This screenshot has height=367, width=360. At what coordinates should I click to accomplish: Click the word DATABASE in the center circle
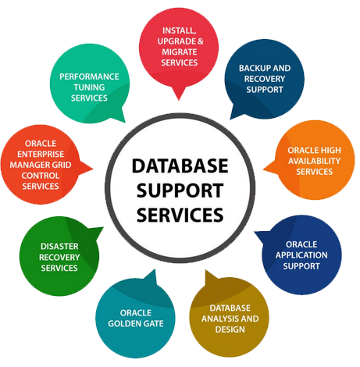pyautogui.click(x=180, y=166)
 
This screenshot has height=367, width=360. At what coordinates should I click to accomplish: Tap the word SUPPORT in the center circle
pyautogui.click(x=180, y=191)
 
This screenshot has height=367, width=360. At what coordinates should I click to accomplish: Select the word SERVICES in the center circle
pyautogui.click(x=180, y=215)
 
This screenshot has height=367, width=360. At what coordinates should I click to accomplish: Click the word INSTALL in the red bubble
pyautogui.click(x=180, y=30)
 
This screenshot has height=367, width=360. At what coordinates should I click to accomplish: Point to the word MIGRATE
pyautogui.click(x=180, y=52)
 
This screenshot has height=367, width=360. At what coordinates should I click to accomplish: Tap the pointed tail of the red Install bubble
pyautogui.click(x=179, y=99)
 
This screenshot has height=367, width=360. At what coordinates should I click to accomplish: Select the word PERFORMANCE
pyautogui.click(x=89, y=77)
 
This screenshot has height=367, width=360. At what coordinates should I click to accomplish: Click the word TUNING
pyautogui.click(x=89, y=87)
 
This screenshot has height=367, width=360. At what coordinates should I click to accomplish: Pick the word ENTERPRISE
pyautogui.click(x=41, y=154)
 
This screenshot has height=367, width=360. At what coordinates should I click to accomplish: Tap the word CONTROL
pyautogui.click(x=41, y=176)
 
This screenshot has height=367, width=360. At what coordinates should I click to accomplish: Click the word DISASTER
pyautogui.click(x=59, y=246)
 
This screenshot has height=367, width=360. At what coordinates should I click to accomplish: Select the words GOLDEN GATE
pyautogui.click(x=136, y=323)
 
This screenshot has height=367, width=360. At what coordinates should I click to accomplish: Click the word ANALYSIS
pyautogui.click(x=218, y=319)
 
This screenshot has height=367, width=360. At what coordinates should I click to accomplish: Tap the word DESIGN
pyautogui.click(x=230, y=330)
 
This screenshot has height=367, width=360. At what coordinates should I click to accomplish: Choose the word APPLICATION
pyautogui.click(x=301, y=255)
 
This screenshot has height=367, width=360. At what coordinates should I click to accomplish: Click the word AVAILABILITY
pyautogui.click(x=314, y=161)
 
